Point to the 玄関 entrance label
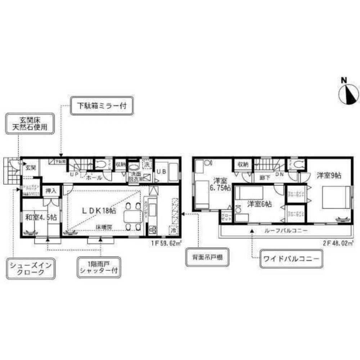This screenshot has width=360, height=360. [x=30, y=167]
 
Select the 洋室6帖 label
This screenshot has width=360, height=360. [x=259, y=204]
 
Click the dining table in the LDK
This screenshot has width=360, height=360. [x=133, y=216]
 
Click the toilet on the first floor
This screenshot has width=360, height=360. [x=101, y=164]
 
